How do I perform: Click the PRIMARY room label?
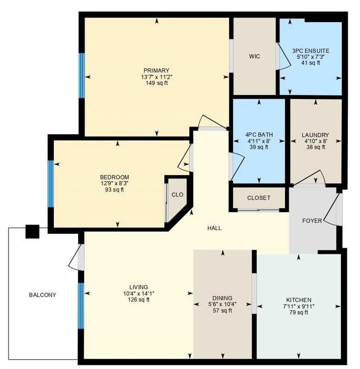tap(156, 70)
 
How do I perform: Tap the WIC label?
tap(255, 56)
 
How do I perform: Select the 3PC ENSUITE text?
tap(310, 51)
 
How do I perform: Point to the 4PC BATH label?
tap(259, 134)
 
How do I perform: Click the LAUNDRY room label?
tap(315, 135)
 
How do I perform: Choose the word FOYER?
tap(312, 221)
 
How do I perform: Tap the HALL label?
tap(214, 228)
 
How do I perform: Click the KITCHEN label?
tap(298, 300)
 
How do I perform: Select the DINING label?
tap(222, 298)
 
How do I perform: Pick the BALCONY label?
tap(43, 295)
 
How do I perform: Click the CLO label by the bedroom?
tap(178, 195)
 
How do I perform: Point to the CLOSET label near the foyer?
tap(259, 198)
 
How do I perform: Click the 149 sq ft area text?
tap(156, 83)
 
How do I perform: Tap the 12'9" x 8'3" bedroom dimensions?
tap(114, 183)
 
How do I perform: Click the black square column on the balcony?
tap(32, 231)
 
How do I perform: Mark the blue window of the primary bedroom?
tap(82, 75)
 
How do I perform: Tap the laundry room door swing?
tap(310, 178)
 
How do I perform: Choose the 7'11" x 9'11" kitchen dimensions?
tap(298, 306)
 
